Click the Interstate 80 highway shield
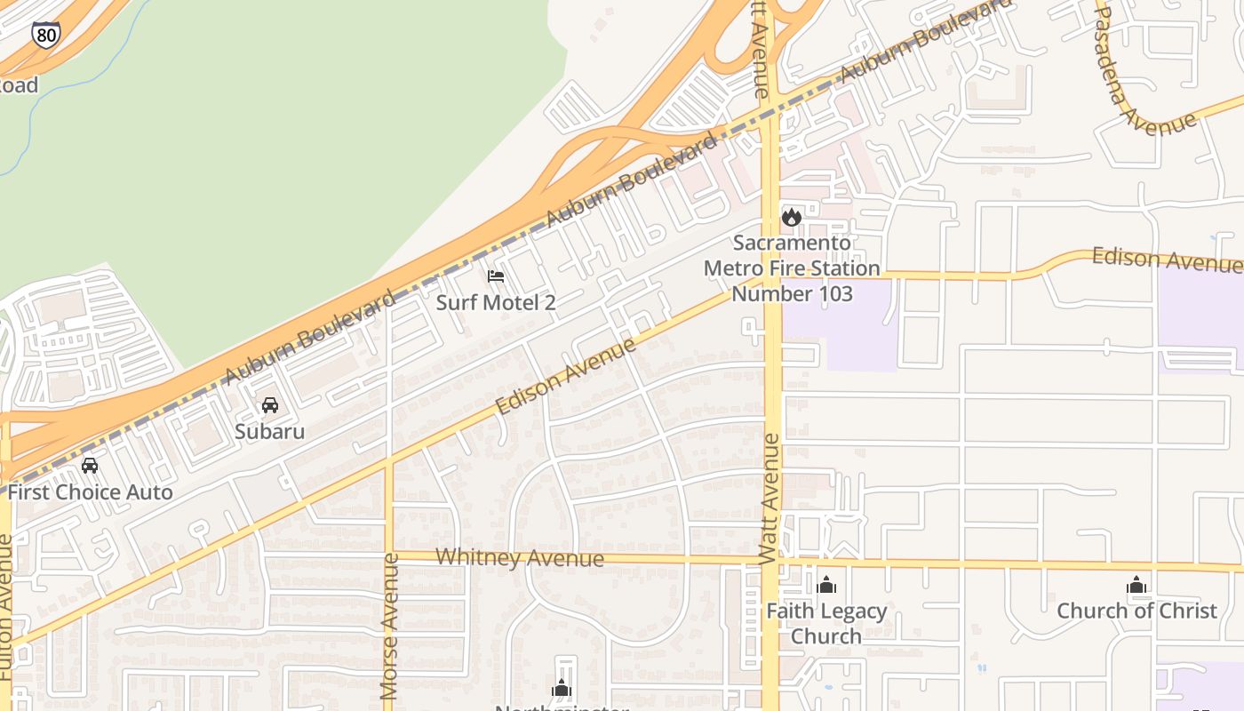pos(46,35)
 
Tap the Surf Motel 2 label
pos(496,302)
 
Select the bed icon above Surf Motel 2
pos(496,276)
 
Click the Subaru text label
pos(270,432)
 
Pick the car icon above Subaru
pos(270,405)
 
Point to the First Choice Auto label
pos(90,491)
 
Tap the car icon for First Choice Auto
pos(90,466)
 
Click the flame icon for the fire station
pos(791,217)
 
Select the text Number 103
pos(792,293)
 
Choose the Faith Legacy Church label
pos(826,623)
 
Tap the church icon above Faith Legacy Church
pos(826,585)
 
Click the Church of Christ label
pos(1136,611)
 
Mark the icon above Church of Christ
pos(1136,585)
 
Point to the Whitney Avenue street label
pos(520,558)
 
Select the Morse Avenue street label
pos(389,626)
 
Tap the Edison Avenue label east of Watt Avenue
pos(1166,260)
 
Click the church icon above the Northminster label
pos(561,688)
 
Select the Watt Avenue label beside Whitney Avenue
pos(770,498)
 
